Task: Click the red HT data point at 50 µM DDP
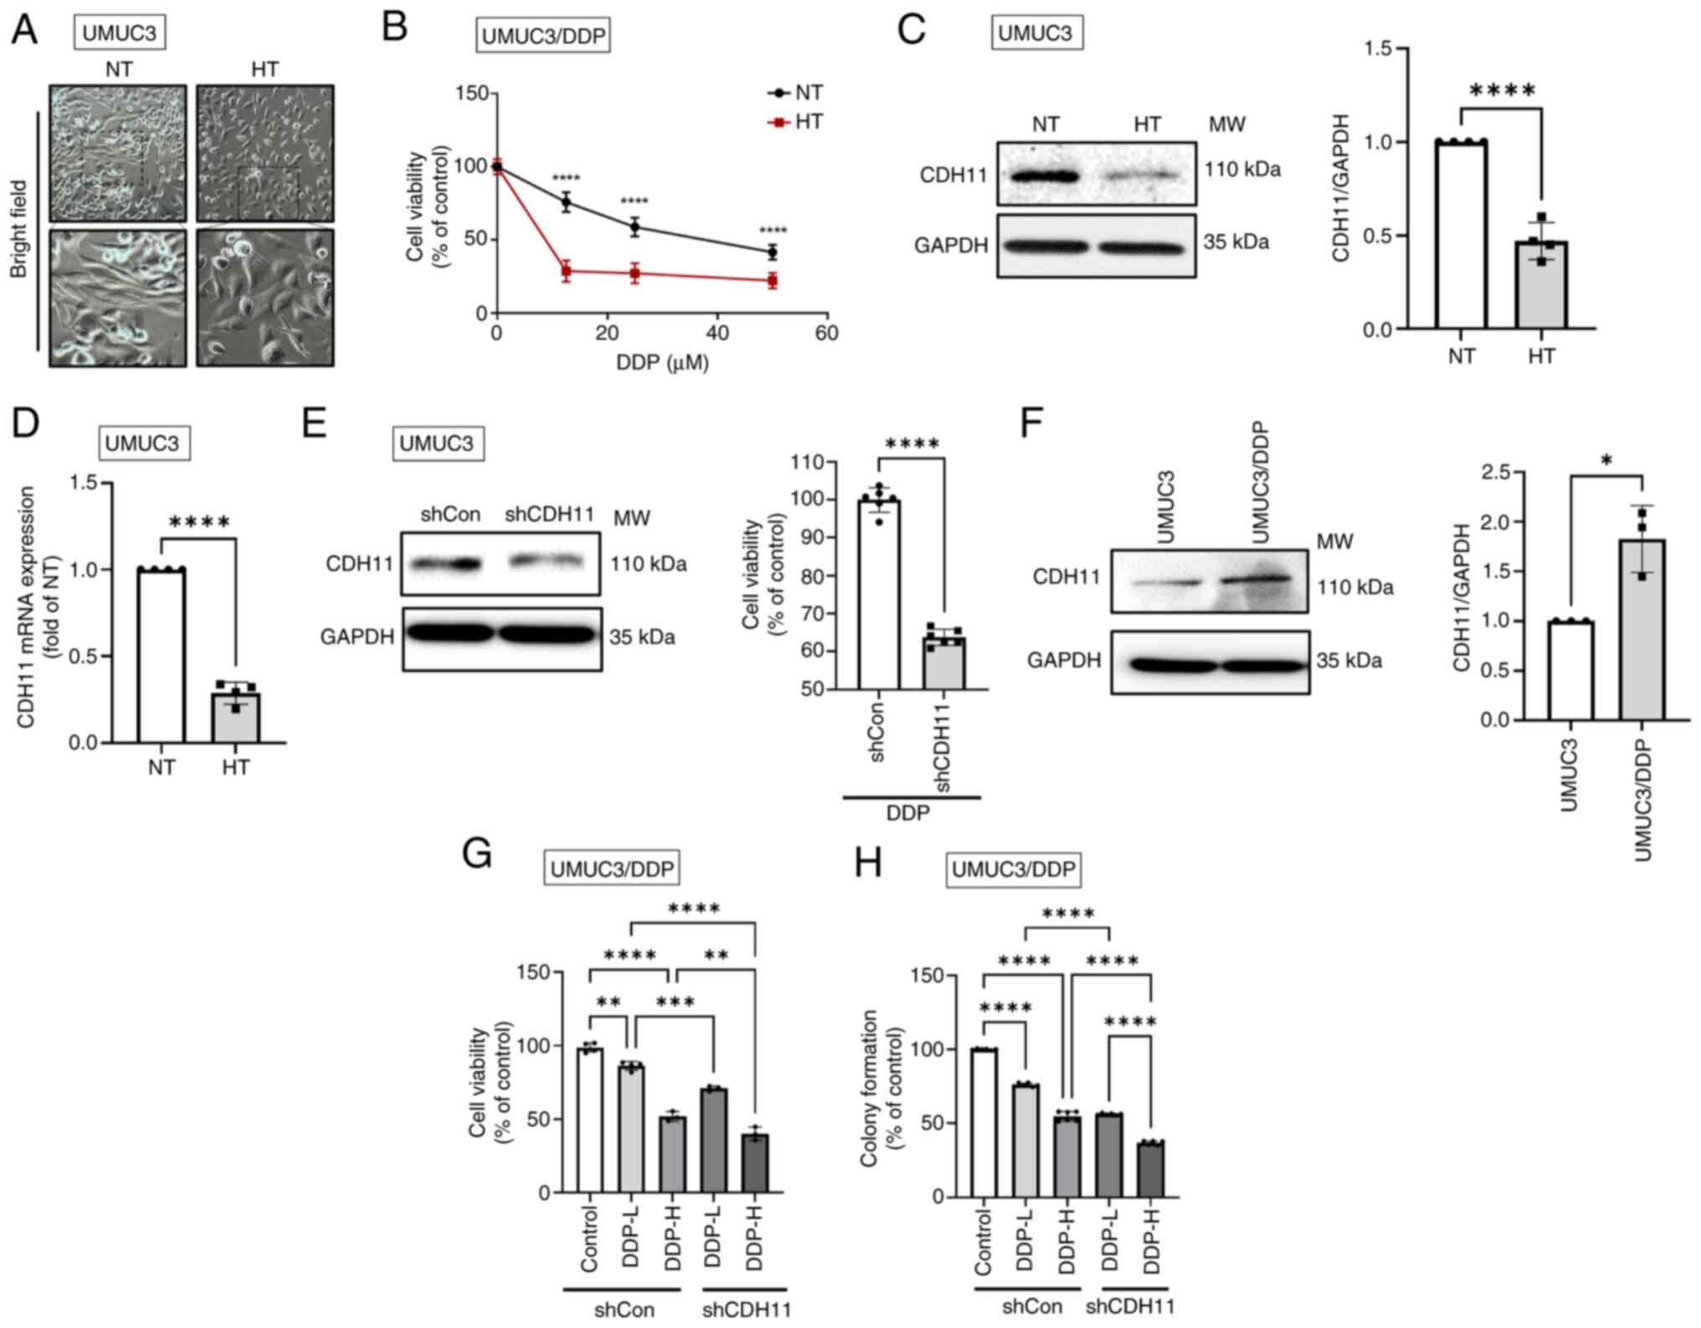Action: pos(772,280)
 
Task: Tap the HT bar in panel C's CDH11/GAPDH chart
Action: pos(1541,285)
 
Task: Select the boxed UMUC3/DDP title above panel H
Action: pos(1013,870)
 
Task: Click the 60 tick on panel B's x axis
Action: pos(826,333)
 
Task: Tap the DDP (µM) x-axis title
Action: pos(662,362)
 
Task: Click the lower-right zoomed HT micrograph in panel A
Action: pos(265,298)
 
